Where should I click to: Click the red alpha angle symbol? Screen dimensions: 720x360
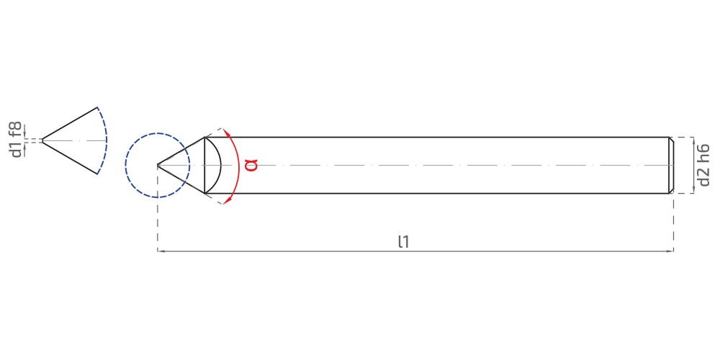[x=251, y=165]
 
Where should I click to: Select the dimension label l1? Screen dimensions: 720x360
[x=404, y=241]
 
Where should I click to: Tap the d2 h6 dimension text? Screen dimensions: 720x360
[x=703, y=166]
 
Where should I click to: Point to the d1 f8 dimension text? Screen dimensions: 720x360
[x=17, y=140]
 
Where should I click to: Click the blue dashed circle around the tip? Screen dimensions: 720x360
[x=158, y=133]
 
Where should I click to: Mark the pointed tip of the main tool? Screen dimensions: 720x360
[x=158, y=165]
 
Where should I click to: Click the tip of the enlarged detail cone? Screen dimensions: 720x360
[x=42, y=140]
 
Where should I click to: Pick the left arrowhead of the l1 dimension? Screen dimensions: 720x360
[x=161, y=251]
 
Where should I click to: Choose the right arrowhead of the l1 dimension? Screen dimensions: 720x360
[x=670, y=251]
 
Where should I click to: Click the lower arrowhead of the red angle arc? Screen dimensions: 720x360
[x=226, y=200]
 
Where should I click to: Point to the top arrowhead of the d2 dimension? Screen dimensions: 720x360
[x=693, y=140]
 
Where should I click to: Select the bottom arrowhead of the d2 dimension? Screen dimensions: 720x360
[x=693, y=190]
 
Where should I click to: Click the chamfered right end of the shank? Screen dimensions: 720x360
[x=671, y=166]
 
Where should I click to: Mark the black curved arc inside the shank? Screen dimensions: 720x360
[x=221, y=166]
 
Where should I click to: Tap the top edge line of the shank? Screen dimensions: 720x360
[x=436, y=138]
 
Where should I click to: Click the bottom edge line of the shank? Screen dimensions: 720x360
[x=436, y=193]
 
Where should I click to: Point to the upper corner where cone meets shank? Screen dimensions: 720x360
[x=204, y=138]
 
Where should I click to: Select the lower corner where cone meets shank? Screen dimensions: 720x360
[x=204, y=193]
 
